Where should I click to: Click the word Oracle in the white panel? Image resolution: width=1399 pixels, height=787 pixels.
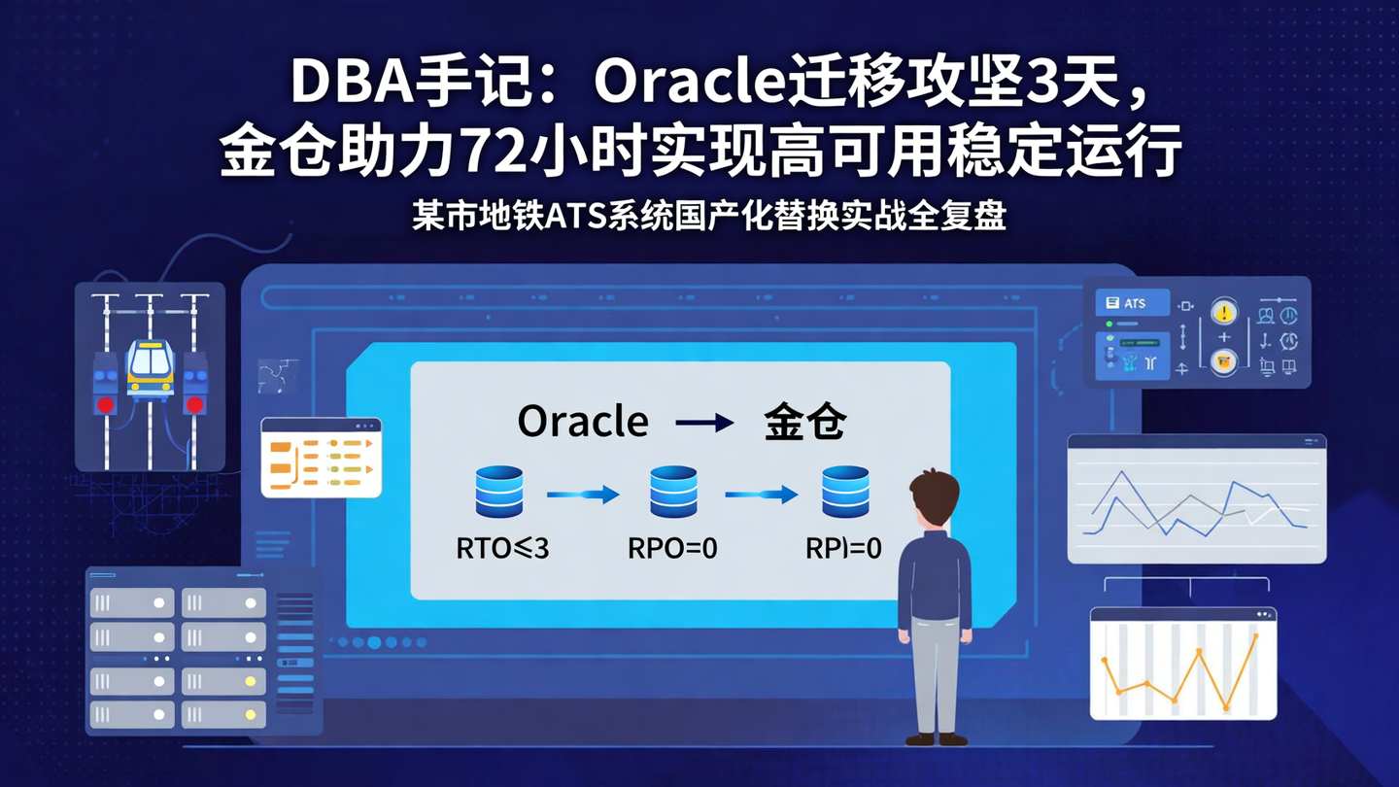583,422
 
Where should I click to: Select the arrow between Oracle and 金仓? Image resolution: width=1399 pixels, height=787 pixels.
704,423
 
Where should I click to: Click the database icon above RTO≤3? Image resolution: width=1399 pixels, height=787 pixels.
499,492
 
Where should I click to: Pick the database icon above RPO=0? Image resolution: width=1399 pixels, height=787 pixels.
673,492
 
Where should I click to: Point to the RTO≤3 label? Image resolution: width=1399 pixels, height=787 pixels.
502,548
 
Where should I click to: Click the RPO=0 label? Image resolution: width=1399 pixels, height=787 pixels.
672,548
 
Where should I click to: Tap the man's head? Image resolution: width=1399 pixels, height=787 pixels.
935,498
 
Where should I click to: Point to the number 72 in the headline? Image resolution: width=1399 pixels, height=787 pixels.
492,153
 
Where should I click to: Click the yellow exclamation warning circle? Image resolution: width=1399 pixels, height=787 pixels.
1224,312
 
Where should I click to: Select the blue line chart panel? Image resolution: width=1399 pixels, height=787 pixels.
1196,498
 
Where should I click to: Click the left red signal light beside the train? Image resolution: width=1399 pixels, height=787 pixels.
105,403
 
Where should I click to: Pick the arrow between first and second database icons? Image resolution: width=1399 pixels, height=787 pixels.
583,495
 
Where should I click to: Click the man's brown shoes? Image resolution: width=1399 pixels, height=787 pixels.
936,739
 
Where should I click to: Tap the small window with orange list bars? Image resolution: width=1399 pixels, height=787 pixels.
321,458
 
